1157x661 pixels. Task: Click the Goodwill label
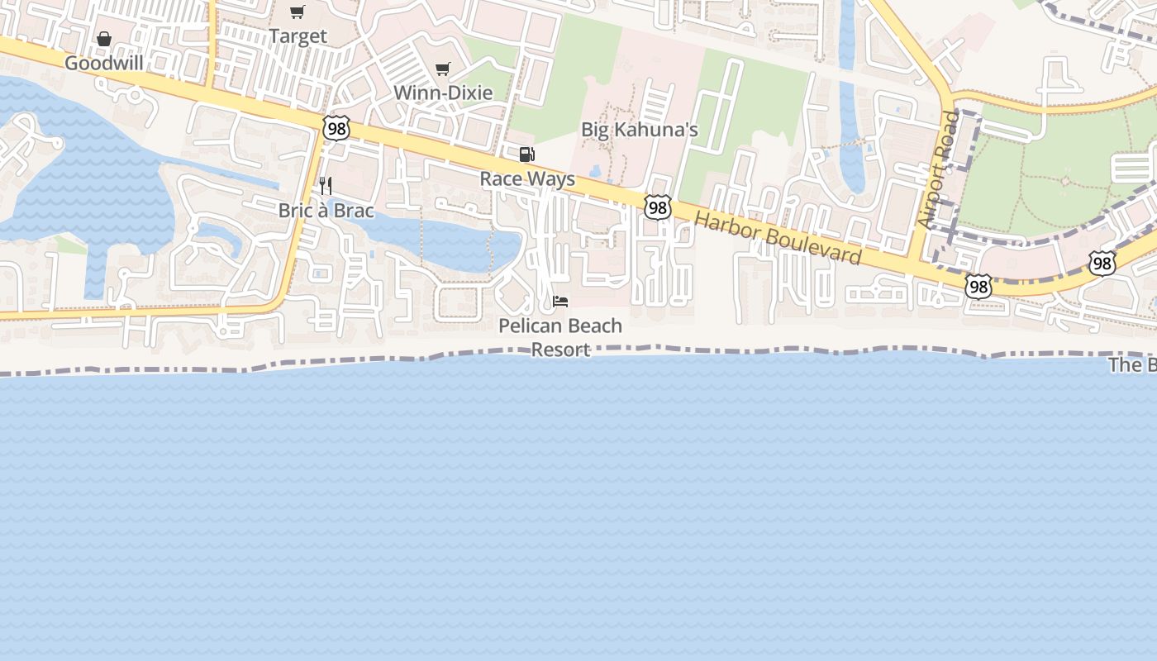coord(104,63)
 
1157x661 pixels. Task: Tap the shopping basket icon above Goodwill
coord(104,39)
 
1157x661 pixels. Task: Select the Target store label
coord(298,36)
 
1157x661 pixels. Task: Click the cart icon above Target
coord(298,12)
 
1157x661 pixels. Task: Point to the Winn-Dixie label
coord(443,93)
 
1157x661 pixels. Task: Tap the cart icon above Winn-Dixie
coord(443,69)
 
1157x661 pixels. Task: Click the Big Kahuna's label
coord(640,130)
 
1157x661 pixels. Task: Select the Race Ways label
coord(527,178)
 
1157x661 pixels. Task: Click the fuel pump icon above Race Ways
coord(526,155)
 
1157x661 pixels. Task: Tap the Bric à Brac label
coord(326,211)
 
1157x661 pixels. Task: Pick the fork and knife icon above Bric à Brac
coord(326,186)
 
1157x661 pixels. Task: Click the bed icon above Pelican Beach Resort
coord(560,301)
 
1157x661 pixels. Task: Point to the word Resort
coord(560,350)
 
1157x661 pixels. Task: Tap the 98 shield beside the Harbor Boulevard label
coord(658,207)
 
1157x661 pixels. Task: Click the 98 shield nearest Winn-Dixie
coord(337,128)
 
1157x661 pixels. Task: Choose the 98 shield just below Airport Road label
coord(978,287)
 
